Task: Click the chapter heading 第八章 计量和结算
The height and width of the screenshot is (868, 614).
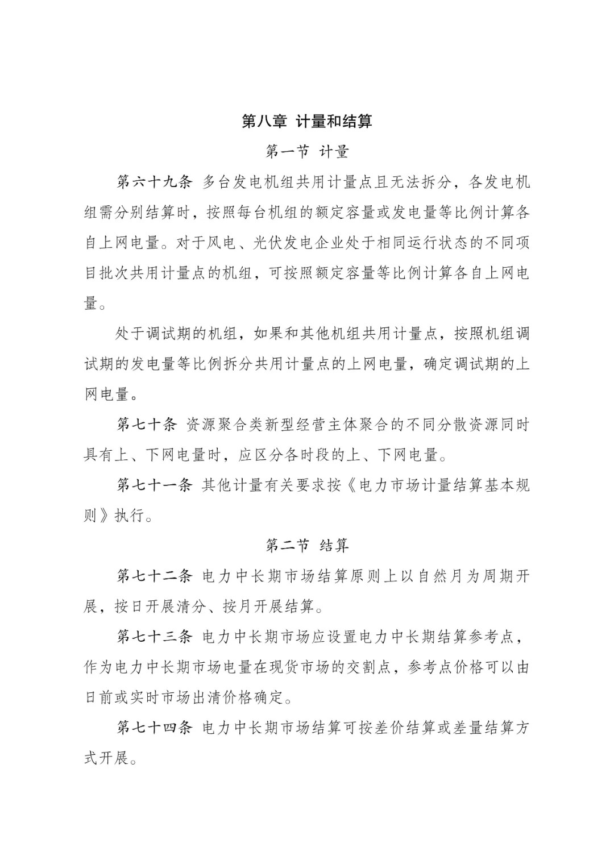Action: click(307, 121)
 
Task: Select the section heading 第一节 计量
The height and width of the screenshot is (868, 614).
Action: click(307, 152)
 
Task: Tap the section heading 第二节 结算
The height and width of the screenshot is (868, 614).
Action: click(307, 546)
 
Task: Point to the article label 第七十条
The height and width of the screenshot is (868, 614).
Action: click(147, 425)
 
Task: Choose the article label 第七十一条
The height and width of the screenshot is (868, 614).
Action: click(155, 485)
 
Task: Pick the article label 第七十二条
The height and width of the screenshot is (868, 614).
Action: click(155, 576)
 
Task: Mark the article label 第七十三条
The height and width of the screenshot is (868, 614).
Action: click(155, 637)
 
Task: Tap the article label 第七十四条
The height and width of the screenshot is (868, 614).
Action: click(155, 728)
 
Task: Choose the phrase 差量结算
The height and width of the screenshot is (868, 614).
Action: click(482, 728)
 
